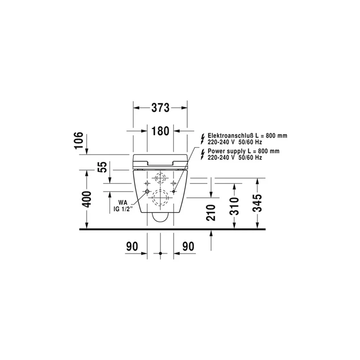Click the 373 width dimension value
[160, 108]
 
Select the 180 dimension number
[160, 131]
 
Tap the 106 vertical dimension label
[79, 140]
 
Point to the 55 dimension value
[102, 167]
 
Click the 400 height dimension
[87, 199]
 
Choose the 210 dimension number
[211, 213]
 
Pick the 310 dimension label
[234, 206]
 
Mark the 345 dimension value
[257, 203]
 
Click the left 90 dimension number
[132, 246]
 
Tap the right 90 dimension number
[188, 246]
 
